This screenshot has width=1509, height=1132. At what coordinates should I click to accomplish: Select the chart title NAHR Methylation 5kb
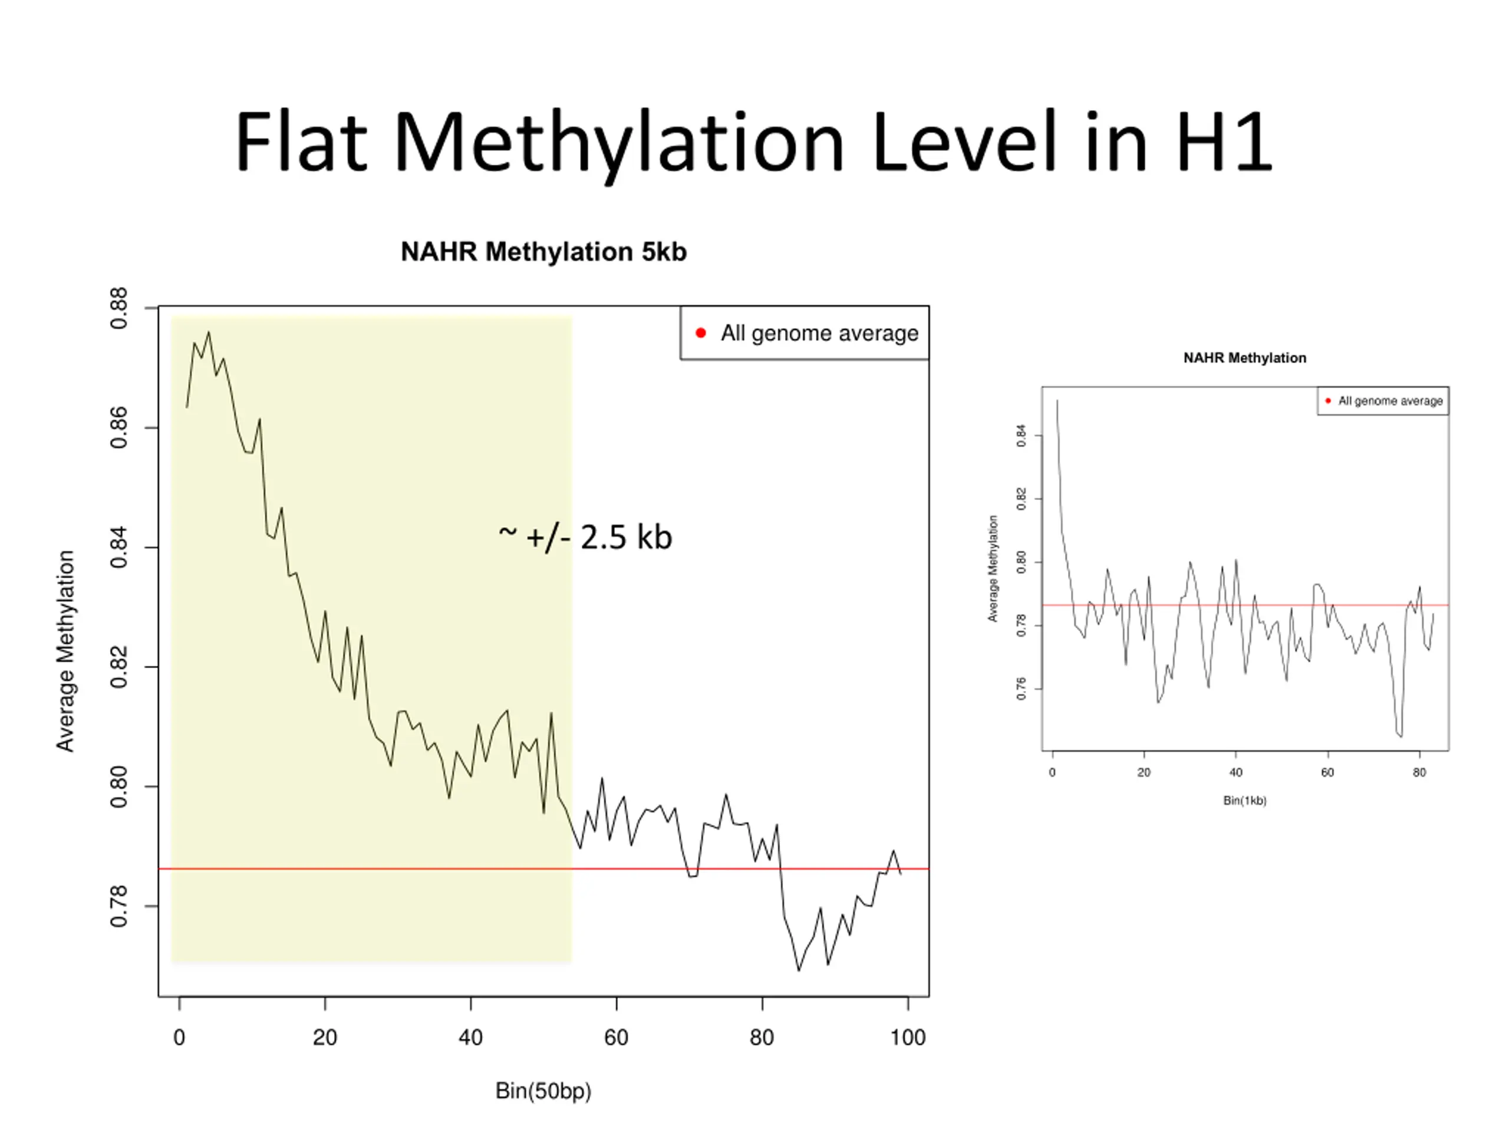[x=543, y=252]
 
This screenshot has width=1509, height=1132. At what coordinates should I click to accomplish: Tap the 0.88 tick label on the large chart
[x=118, y=308]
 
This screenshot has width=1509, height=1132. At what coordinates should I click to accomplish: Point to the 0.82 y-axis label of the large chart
[x=118, y=667]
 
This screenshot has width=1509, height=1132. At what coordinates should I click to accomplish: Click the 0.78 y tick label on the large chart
[x=118, y=906]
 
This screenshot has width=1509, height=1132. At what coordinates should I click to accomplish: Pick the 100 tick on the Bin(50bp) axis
[x=907, y=1038]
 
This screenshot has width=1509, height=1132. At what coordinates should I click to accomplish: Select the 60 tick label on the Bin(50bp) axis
[x=616, y=1038]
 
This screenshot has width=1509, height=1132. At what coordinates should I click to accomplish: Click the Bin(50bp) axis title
[x=543, y=1090]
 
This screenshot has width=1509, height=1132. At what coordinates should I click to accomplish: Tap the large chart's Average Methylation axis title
[x=65, y=651]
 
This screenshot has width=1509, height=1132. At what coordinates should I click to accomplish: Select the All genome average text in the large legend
[x=819, y=333]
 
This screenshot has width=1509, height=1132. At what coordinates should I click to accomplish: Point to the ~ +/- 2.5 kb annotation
[x=585, y=537]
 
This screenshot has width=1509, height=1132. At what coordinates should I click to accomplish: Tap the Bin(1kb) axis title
[x=1244, y=801]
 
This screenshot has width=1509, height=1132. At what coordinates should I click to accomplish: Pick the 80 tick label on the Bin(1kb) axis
[x=1419, y=772]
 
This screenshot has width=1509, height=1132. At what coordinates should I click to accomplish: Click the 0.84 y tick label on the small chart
[x=1022, y=435]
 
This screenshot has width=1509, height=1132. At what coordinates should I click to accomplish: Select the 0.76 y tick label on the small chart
[x=1022, y=689]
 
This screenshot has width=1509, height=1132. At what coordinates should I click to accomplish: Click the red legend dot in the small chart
[x=1327, y=400]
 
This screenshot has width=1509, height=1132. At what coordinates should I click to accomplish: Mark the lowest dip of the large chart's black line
[x=799, y=970]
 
